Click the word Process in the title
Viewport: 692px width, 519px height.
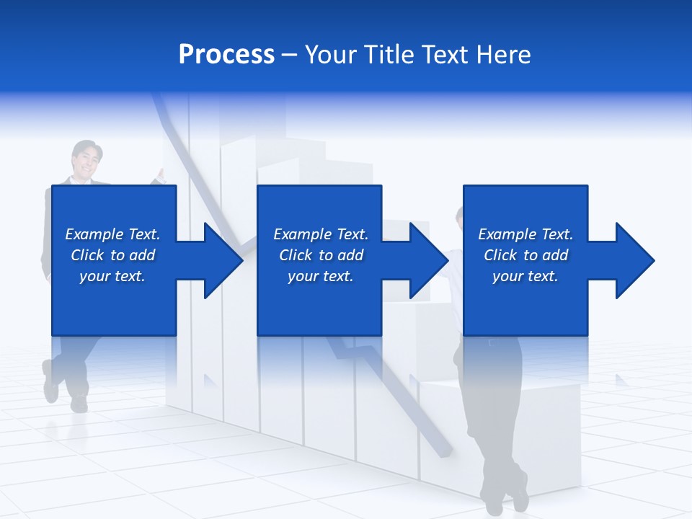point(226,55)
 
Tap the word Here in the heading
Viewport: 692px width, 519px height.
point(505,55)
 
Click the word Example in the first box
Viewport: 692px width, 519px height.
point(94,234)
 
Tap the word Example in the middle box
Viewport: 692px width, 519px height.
point(302,234)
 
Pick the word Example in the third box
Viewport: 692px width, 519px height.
point(507,234)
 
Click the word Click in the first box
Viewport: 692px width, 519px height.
point(87,255)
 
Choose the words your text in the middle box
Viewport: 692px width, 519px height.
point(320,276)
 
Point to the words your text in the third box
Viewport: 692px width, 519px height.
point(525,276)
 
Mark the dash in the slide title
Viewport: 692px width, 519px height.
point(289,55)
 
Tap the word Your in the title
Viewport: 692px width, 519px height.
point(329,55)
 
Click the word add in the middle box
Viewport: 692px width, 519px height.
point(350,255)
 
